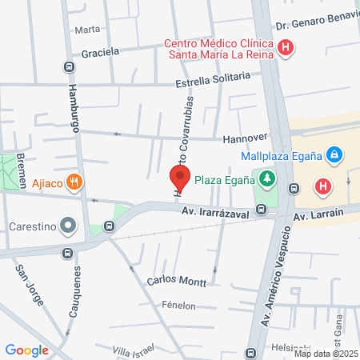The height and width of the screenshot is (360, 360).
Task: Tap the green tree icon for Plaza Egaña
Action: click(x=263, y=178)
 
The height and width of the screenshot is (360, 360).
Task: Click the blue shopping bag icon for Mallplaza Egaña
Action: click(x=334, y=154)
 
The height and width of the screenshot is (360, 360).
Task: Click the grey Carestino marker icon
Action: click(x=69, y=226)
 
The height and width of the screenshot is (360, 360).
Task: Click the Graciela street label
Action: click(x=100, y=52)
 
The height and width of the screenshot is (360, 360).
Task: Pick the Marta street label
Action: click(x=87, y=30)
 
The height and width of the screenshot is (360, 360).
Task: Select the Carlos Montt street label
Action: click(x=178, y=282)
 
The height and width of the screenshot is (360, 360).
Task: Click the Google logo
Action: click(x=26, y=350)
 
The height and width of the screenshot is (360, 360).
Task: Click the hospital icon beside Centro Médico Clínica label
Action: click(x=286, y=48)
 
